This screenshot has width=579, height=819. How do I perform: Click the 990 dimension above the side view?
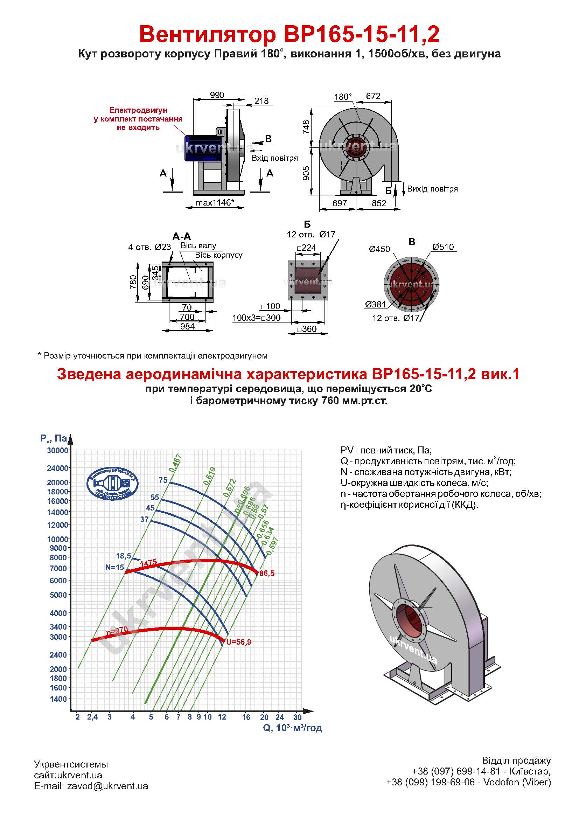click(217, 95)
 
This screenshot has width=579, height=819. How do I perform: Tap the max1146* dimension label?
click(215, 203)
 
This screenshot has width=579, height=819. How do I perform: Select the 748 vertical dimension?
click(306, 127)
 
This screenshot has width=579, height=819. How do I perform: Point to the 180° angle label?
click(343, 97)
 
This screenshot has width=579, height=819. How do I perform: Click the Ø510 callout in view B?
click(443, 247)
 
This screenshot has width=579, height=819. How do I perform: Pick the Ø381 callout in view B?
click(375, 304)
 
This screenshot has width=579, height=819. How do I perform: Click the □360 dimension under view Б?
click(307, 329)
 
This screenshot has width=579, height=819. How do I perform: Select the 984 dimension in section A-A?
click(187, 326)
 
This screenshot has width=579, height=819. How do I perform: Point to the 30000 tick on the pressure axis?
click(57, 451)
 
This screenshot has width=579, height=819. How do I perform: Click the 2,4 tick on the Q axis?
click(92, 717)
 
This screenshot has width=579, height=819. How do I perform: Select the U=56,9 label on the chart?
click(238, 642)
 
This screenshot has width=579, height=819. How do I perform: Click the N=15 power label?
click(115, 567)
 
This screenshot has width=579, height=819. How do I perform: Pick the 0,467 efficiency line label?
click(175, 463)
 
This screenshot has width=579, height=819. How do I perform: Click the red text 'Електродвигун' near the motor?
click(138, 110)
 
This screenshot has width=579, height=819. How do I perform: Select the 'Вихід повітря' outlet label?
click(432, 189)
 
